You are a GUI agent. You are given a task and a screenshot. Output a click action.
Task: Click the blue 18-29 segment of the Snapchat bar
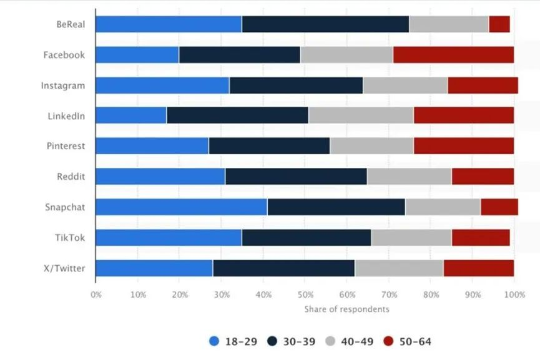[x=181, y=207]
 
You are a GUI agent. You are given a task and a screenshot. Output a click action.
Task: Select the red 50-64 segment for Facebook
[x=453, y=55]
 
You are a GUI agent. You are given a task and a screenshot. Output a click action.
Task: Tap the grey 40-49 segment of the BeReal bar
[x=449, y=24]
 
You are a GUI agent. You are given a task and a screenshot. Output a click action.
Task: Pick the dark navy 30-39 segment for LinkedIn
[x=237, y=115]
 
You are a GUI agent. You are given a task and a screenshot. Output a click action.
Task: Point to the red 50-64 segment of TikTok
[x=481, y=238]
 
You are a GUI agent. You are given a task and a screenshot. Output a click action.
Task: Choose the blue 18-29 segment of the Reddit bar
[x=160, y=177]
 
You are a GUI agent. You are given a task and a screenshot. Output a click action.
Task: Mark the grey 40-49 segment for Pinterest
[x=371, y=146]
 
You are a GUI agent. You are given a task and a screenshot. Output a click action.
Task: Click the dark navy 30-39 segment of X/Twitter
[x=283, y=268]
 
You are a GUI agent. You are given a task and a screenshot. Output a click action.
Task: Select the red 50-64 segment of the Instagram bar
[x=483, y=85]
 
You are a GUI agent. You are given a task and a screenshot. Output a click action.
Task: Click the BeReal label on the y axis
[x=70, y=24]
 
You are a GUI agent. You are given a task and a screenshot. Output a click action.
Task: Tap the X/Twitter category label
[x=64, y=268]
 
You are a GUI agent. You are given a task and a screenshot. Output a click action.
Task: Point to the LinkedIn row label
[x=66, y=115]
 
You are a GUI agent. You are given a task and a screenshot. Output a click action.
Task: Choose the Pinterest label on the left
[x=66, y=146]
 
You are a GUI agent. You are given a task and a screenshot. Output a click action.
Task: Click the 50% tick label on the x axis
[x=305, y=294]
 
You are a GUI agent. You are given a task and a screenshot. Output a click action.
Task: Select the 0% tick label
[x=96, y=294]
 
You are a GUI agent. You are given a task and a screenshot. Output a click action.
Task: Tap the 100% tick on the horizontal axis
[x=514, y=294]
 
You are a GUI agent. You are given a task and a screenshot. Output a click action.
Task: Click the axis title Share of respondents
[x=346, y=309]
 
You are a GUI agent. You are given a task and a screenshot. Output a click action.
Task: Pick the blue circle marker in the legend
[x=215, y=341]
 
